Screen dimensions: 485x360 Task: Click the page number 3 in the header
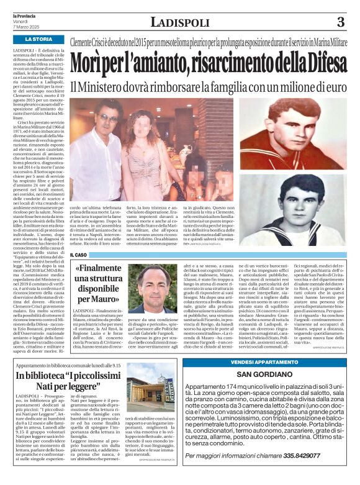point(340,22)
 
